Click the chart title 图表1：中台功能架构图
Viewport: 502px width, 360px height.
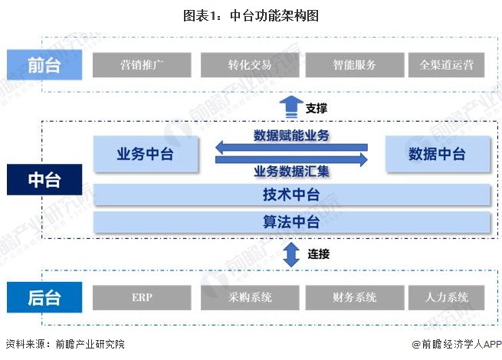251,15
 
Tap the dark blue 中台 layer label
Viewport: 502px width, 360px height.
44,180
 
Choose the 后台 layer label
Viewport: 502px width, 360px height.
44,296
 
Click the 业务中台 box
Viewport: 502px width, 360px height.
145,154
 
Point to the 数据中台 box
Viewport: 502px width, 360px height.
437,154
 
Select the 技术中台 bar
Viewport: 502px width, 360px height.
291,195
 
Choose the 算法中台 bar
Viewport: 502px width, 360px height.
291,223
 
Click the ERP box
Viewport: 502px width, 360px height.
142,296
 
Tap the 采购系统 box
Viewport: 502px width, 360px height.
250,296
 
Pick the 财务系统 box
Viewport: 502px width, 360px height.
354,296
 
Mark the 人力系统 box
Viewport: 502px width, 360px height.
447,296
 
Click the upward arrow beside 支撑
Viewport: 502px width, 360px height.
290,108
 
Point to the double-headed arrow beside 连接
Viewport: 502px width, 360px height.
290,254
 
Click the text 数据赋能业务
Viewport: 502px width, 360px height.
291,136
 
